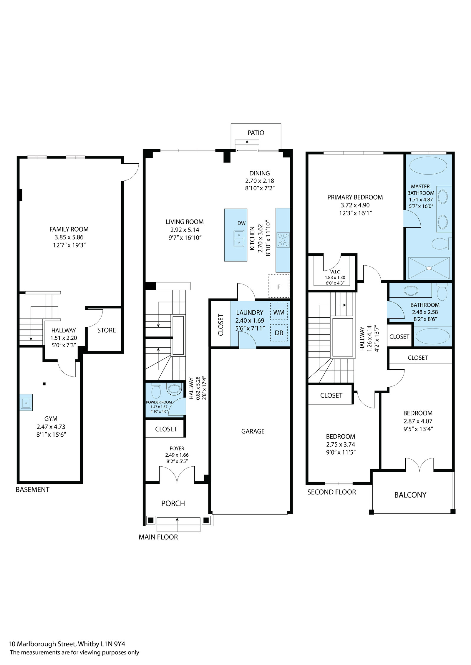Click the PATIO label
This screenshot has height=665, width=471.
coord(256,133)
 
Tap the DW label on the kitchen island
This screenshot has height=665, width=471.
coord(241,223)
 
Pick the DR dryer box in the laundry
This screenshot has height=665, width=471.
coord(279,333)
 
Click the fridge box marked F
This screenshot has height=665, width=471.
coord(279,286)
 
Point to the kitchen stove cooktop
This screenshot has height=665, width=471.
coord(283,239)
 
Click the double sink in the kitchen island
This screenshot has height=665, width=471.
coord(239,238)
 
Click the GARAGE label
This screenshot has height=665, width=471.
coord(253,431)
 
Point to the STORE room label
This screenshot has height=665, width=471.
coord(107,330)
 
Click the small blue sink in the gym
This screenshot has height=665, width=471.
coord(26,402)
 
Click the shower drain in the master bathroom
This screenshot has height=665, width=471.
coord(429,268)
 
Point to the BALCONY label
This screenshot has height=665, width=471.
coord(410,495)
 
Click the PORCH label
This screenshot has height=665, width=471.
coord(173,503)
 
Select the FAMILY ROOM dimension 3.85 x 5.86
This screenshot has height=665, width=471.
coord(69,237)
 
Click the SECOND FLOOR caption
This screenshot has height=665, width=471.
coord(331,492)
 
